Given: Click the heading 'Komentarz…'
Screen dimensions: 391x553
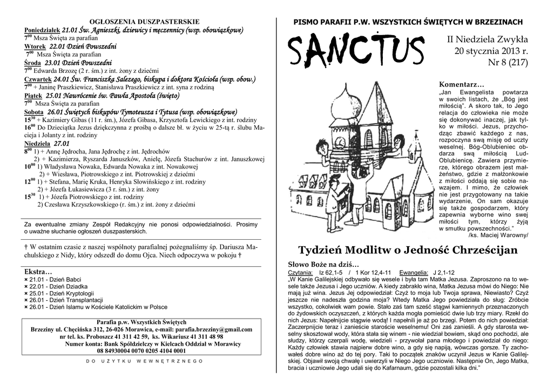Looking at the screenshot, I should pyautogui.click(x=462, y=85).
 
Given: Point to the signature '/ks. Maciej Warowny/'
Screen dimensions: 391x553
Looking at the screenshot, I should pyautogui.click(x=498, y=235).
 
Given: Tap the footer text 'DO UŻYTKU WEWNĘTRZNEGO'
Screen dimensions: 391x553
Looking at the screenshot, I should pyautogui.click(x=145, y=361).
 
